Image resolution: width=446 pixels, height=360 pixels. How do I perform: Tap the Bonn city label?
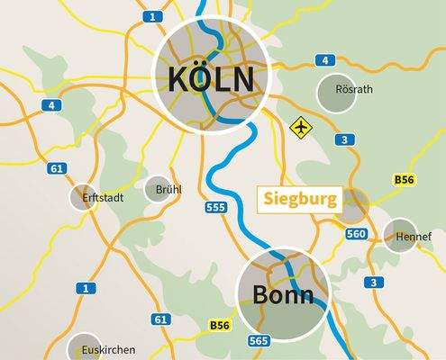(x=282, y=295)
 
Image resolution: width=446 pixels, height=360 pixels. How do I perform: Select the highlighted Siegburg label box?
(x=300, y=198)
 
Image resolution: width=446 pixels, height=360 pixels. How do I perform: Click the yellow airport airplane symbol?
(x=299, y=127)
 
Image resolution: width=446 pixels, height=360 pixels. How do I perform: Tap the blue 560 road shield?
(x=356, y=234)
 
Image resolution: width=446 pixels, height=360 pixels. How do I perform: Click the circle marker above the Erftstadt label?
(x=84, y=197)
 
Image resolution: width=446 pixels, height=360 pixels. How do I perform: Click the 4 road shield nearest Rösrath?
(x=323, y=60)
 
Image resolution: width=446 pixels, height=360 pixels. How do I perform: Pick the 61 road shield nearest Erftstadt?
(x=58, y=168)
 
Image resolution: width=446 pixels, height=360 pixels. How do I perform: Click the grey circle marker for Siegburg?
(x=351, y=205)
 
